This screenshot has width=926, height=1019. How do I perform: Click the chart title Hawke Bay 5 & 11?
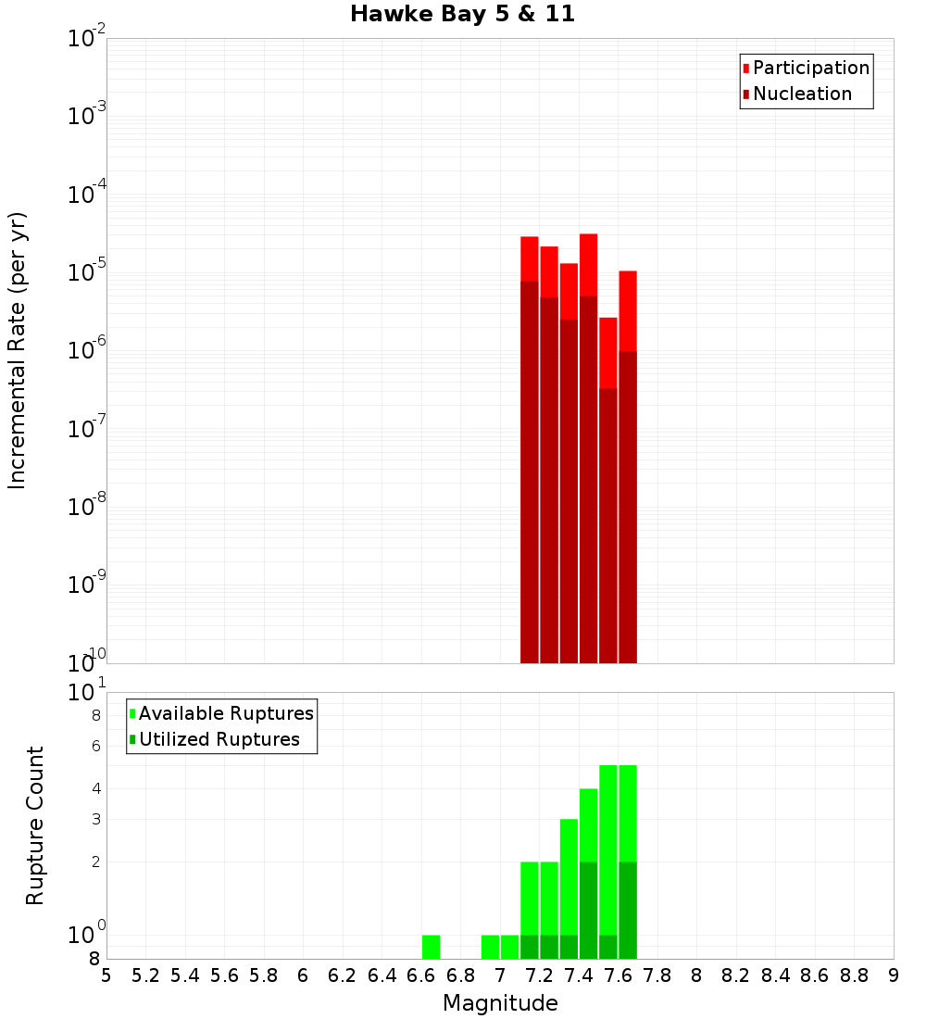[462, 14]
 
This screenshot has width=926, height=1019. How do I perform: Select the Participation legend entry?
[810, 68]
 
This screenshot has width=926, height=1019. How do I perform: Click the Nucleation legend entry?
[802, 94]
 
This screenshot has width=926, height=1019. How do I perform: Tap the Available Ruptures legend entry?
[226, 713]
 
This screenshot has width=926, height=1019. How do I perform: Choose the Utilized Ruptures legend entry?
[219, 739]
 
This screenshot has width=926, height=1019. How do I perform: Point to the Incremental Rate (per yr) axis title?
[18, 350]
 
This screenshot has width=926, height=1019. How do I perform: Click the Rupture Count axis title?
[35, 825]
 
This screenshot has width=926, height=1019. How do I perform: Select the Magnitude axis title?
[500, 1003]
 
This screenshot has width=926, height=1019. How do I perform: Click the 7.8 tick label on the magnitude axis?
[657, 975]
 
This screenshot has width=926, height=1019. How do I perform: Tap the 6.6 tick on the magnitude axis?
[421, 975]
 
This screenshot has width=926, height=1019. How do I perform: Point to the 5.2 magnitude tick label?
[146, 975]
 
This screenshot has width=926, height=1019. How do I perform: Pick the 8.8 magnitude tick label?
[854, 975]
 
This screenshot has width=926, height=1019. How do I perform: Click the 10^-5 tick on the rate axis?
[87, 272]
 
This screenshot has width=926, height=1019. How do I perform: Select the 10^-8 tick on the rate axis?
[87, 506]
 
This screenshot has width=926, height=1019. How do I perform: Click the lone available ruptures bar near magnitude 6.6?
[431, 947]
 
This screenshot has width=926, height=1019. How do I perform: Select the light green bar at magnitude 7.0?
[509, 947]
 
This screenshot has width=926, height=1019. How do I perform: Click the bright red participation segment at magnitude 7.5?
[607, 352]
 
